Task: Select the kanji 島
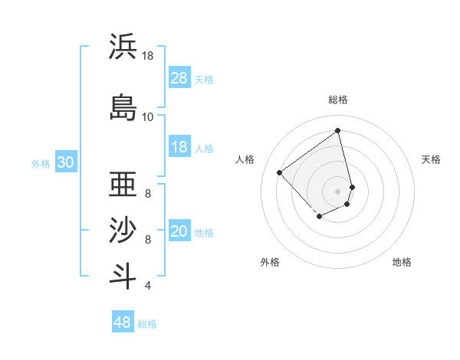[123, 106]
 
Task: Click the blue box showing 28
[179, 78]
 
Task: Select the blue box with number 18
[179, 147]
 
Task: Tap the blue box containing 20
[179, 232]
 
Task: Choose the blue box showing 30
[65, 163]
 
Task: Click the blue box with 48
[123, 322]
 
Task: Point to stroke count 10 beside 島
[147, 116]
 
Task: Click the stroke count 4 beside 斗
[147, 286]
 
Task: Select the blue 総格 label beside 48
[147, 324]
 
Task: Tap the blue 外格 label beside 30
[40, 164]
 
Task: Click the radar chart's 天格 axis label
[431, 159]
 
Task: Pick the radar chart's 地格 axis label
[402, 262]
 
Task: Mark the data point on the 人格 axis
[280, 173]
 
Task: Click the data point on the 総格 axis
[338, 131]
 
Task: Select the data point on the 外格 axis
[319, 218]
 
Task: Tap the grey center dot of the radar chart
[338, 191]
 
